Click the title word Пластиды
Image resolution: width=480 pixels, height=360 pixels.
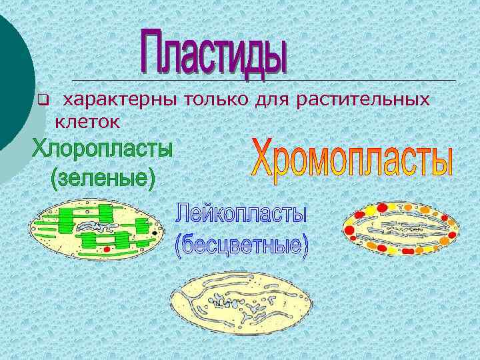click(215, 51)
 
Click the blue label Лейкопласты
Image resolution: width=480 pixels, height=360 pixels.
click(241, 215)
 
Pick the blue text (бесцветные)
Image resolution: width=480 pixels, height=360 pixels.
click(241, 245)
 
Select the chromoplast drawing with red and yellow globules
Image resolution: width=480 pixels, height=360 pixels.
click(400, 229)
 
